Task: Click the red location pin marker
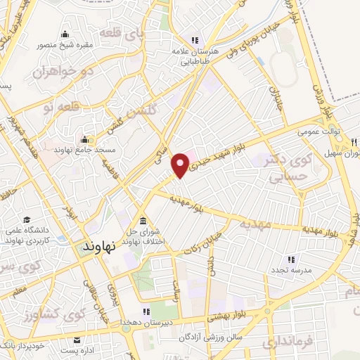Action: point(181,165)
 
